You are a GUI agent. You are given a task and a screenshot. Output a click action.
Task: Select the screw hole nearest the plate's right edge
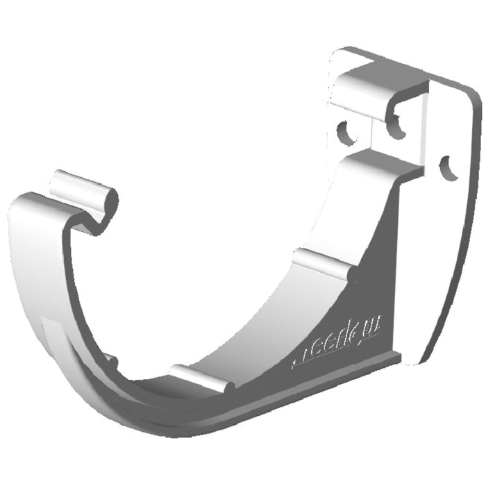tap(449, 167)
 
